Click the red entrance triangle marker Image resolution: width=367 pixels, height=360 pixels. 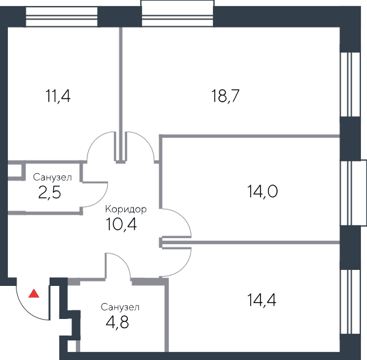point(34,294)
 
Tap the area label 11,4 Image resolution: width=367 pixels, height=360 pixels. point(58,96)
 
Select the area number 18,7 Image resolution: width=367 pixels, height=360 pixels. point(225,96)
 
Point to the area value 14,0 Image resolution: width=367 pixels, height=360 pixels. point(262,192)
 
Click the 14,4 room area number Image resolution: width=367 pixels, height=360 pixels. point(262,300)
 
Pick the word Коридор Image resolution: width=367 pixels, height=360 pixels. point(126,209)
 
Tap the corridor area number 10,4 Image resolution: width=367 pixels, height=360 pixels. point(121,224)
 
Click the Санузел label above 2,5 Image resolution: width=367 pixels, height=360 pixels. point(53,178)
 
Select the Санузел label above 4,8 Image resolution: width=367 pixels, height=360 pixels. point(120,307)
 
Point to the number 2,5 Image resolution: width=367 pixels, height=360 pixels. point(50,193)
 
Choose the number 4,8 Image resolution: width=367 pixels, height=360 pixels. point(117,323)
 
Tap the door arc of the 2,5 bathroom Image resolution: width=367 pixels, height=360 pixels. point(101,200)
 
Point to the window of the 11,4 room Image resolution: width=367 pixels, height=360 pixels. point(61,17)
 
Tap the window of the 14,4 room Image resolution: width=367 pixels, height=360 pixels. point(350,302)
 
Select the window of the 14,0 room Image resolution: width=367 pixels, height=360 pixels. point(353,193)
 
